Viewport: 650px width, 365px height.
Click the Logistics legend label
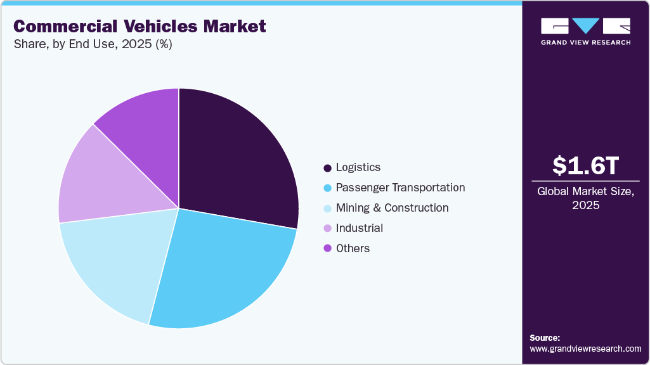click(358, 167)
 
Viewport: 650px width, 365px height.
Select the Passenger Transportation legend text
click(400, 188)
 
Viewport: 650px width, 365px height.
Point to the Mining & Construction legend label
click(392, 208)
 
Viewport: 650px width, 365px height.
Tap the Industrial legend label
click(359, 228)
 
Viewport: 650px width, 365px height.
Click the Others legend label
click(353, 248)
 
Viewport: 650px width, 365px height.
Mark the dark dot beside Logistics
click(327, 168)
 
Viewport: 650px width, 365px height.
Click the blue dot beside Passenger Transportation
click(327, 188)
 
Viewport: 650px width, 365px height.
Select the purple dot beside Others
click(327, 248)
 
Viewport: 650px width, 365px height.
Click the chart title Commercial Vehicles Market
click(140, 27)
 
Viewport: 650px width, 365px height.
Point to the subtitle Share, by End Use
click(93, 44)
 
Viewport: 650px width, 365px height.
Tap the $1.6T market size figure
click(585, 165)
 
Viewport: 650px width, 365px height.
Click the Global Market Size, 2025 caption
click(585, 198)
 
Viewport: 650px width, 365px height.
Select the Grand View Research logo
click(585, 30)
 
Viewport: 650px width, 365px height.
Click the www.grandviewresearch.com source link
click(585, 349)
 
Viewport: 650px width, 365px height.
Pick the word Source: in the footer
click(545, 338)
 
